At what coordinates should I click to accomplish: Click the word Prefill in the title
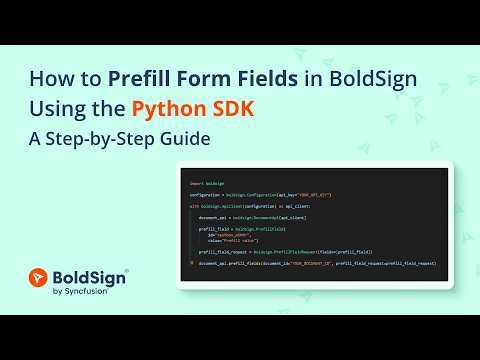(151, 77)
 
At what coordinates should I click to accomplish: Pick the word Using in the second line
(63, 108)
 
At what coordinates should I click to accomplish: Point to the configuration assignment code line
(260, 194)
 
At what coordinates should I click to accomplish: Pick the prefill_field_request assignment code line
(285, 251)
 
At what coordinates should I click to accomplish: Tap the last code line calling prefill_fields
(316, 262)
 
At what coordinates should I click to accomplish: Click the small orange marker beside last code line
(191, 262)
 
